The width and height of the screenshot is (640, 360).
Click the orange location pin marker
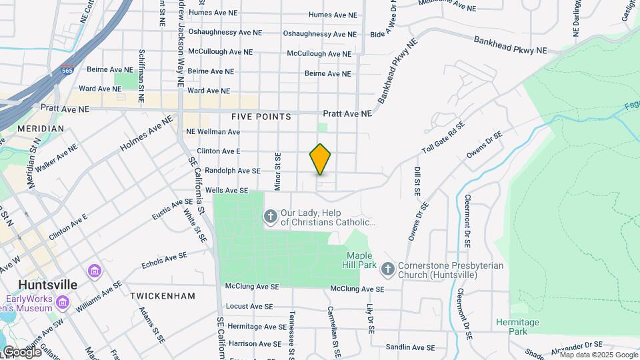(x=320, y=159)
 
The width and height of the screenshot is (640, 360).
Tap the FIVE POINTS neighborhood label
(x=261, y=117)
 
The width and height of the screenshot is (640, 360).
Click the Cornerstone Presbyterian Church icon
(x=388, y=269)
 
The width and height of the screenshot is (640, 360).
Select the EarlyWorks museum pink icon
(x=63, y=302)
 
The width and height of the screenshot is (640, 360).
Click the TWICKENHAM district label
(x=163, y=295)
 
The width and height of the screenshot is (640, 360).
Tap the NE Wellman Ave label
(x=213, y=131)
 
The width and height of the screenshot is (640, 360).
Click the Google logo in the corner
(x=21, y=351)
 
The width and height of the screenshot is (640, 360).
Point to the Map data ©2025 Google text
(x=598, y=355)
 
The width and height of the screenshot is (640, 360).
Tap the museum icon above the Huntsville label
(x=94, y=271)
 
